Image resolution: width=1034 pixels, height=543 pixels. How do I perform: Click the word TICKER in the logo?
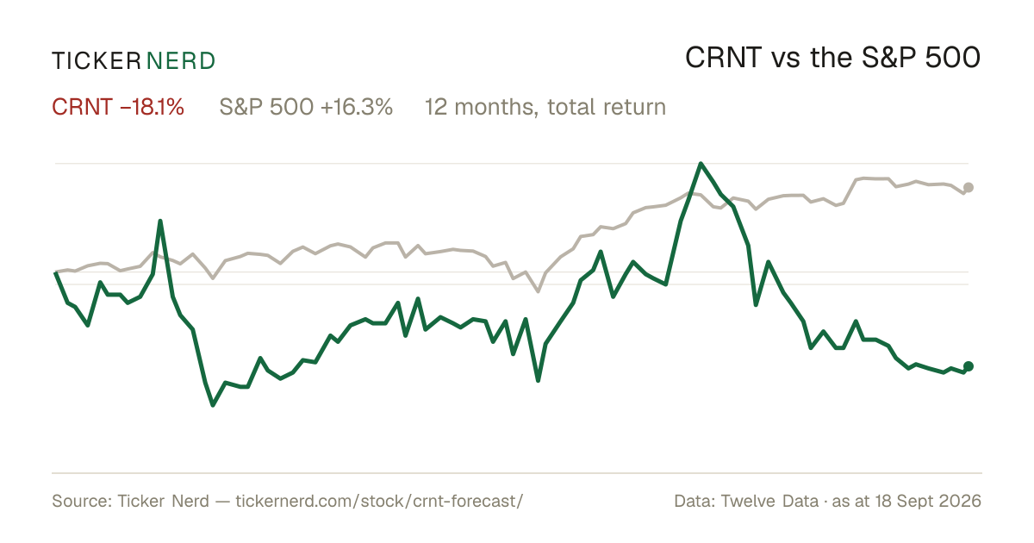[x=97, y=61]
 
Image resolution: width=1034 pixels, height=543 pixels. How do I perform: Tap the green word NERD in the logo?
[x=180, y=61]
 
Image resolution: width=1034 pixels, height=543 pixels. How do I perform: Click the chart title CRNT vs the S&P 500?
[x=832, y=58]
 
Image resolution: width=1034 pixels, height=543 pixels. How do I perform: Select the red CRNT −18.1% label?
[x=118, y=107]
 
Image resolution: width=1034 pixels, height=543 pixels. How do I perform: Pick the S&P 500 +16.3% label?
[x=306, y=107]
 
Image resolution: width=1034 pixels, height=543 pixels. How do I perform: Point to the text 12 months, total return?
[x=545, y=108]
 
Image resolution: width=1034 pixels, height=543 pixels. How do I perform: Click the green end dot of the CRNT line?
[x=969, y=366]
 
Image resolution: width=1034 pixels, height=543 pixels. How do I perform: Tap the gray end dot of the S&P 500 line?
[x=969, y=188]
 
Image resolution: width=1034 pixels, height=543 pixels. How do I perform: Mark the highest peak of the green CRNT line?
[x=701, y=164]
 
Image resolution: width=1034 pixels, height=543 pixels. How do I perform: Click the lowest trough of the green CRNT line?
[x=213, y=405]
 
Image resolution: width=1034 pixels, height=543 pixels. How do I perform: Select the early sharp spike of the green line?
[x=160, y=222]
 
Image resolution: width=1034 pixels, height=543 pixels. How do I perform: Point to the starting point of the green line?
[x=55, y=273]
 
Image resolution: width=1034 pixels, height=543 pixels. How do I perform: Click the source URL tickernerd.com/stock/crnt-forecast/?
[x=379, y=501]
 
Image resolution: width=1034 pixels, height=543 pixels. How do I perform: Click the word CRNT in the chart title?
[x=723, y=58]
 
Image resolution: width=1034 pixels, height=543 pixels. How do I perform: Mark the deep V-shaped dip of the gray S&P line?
[x=538, y=291]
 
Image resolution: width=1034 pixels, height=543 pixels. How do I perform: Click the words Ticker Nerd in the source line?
[x=163, y=501]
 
